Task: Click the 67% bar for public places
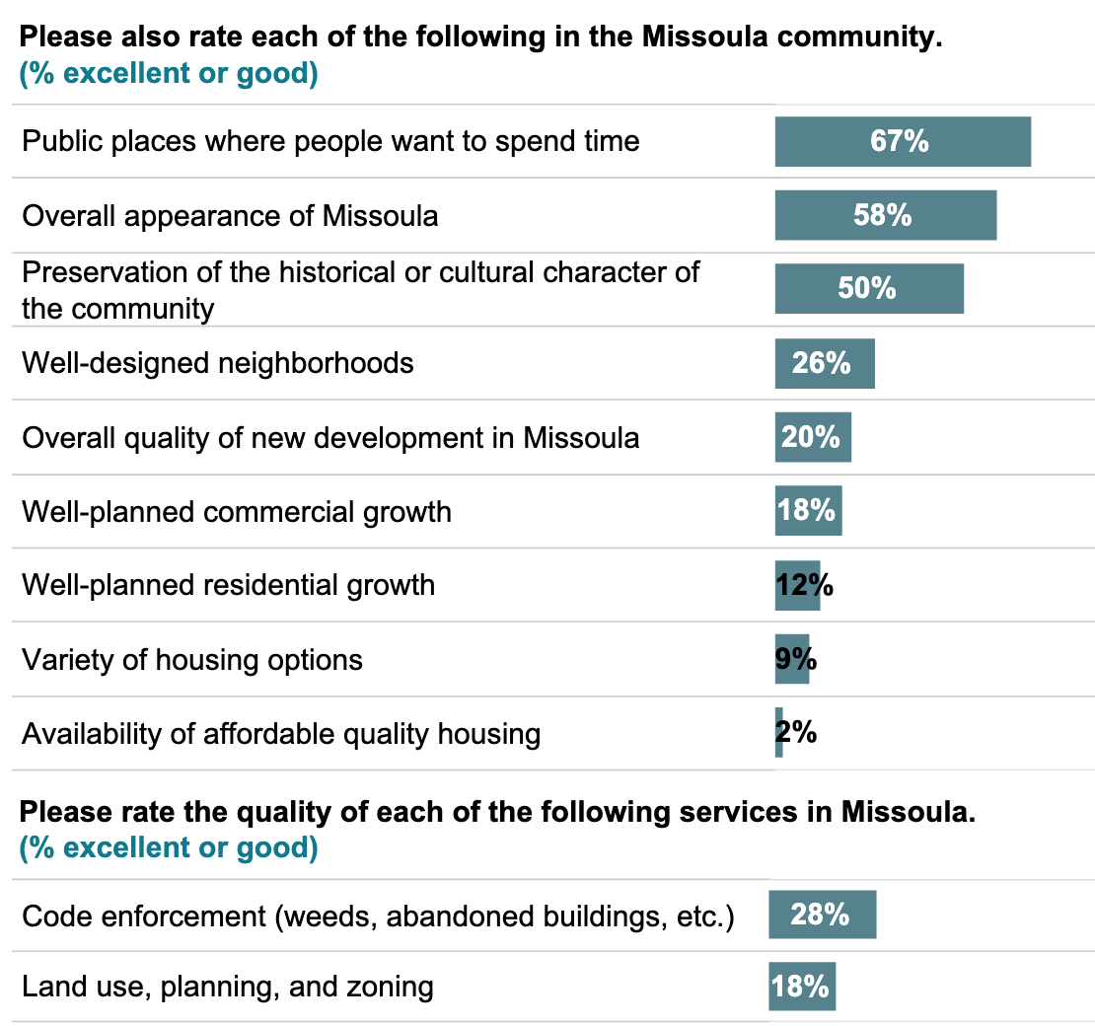[903, 141]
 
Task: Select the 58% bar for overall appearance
[885, 215]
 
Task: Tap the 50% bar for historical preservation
[868, 288]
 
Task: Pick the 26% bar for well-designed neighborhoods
[825, 363]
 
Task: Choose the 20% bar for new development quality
[813, 437]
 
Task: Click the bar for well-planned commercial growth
[808, 511]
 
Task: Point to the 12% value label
[804, 585]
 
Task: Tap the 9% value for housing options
[796, 659]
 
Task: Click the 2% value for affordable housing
[796, 733]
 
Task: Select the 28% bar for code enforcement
[822, 915]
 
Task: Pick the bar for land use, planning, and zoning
[802, 986]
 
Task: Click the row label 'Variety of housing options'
[192, 659]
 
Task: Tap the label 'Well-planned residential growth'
[228, 585]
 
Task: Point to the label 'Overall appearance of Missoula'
[230, 215]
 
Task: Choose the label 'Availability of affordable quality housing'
[281, 734]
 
